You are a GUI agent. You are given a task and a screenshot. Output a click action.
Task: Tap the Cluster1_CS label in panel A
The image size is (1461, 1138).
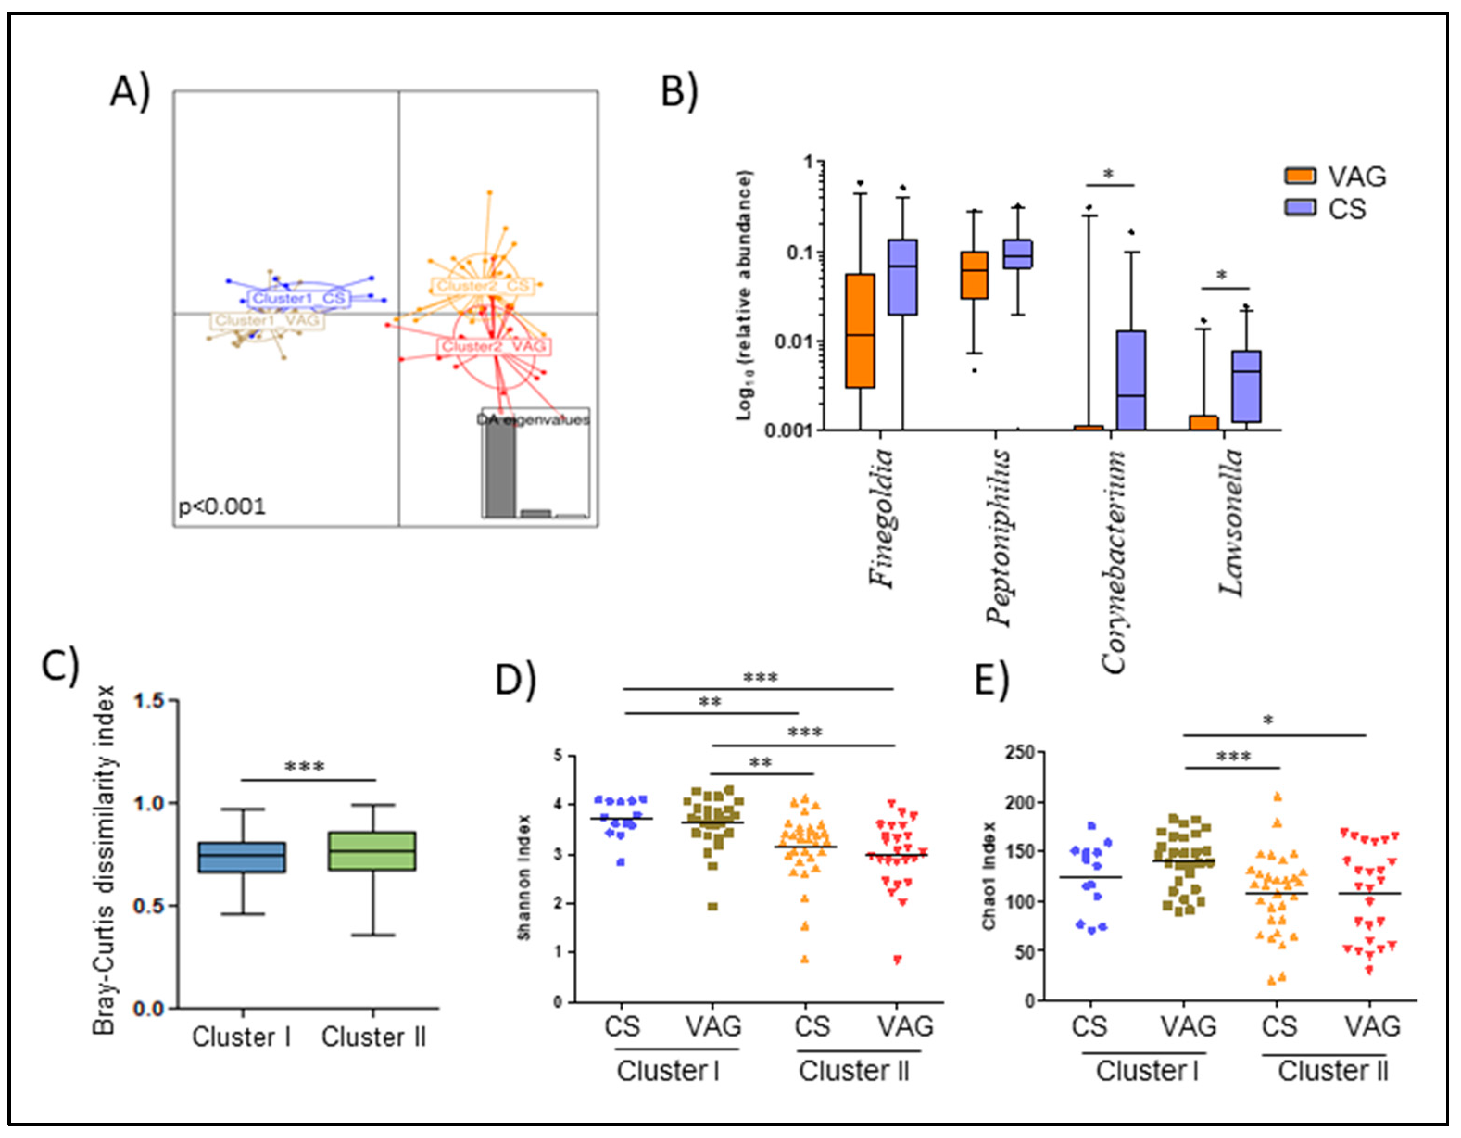tap(298, 298)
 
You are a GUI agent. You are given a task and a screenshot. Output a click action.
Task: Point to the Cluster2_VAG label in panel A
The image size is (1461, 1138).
tap(495, 347)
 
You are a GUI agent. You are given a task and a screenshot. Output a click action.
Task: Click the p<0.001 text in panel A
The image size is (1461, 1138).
tap(221, 506)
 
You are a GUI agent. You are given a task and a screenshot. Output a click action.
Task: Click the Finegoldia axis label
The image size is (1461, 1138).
tap(882, 518)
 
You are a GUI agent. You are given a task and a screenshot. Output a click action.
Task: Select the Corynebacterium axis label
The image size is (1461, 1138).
tap(1113, 562)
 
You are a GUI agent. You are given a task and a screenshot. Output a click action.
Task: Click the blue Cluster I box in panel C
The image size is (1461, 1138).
tap(242, 857)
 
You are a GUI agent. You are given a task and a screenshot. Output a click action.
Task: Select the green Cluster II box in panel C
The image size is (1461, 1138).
tap(372, 851)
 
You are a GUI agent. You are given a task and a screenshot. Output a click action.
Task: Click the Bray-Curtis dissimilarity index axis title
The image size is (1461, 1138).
tap(104, 860)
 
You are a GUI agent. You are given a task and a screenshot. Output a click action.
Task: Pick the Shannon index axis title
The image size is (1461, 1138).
tap(524, 877)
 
